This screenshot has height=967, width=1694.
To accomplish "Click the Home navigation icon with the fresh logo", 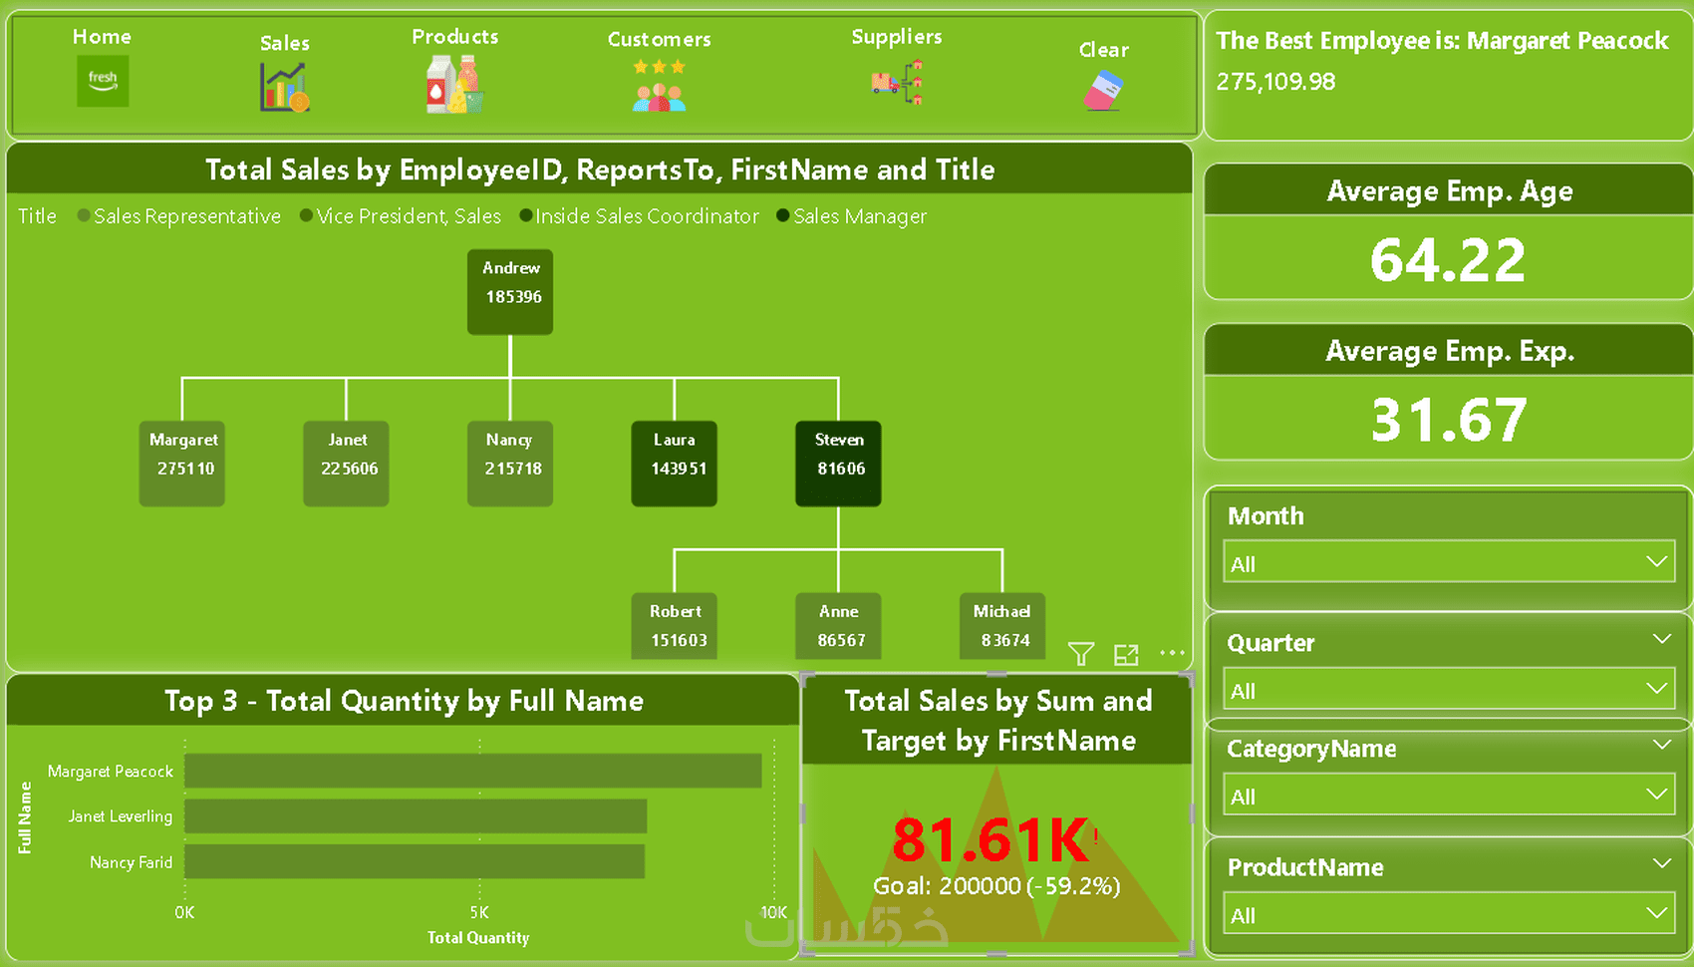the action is point(103,81).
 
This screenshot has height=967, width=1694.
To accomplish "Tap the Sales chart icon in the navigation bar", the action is point(285,87).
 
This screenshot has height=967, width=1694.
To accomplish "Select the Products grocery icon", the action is point(454,85).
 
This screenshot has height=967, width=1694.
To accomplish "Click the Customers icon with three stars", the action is point(660,86).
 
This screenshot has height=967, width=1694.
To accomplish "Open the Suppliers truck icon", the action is point(897,82).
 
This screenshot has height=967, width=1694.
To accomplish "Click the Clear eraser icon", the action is point(1103,90).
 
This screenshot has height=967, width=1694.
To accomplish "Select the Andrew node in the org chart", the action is point(510,292).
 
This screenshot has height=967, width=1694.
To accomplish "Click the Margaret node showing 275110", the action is point(182,464).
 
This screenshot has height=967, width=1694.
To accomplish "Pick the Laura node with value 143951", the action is point(675,464).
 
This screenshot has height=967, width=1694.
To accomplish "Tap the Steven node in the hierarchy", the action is point(839,464).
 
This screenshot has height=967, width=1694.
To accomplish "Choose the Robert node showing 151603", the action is point(675,626).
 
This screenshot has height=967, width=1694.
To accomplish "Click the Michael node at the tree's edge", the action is point(1002,626).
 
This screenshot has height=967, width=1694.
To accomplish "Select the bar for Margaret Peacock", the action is point(473,771).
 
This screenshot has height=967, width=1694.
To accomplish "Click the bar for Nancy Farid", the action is point(415,861).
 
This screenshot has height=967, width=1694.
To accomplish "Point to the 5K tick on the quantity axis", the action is point(479,912).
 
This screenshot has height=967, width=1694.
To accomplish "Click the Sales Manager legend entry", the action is point(852,216).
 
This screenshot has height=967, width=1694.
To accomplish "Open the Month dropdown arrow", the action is point(1657,562).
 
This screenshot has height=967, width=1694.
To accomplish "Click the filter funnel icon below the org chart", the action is point(1081,654).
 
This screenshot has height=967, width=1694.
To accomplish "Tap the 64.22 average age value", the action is point(1448,260).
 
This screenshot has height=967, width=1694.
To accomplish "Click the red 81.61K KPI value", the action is point(990,840).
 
